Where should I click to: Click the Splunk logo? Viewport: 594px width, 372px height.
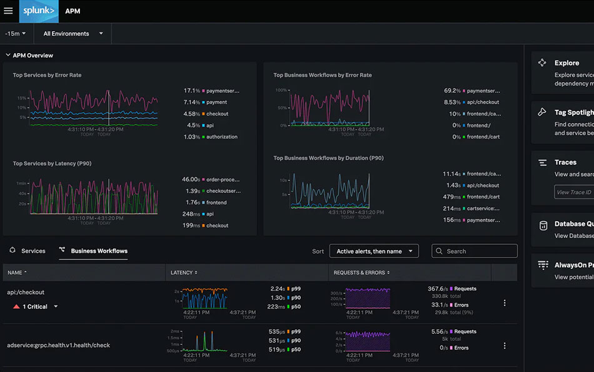(39, 11)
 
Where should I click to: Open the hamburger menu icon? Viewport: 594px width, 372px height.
(8, 11)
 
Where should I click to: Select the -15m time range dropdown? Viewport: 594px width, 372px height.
(16, 34)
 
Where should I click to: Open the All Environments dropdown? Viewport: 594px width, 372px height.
(73, 34)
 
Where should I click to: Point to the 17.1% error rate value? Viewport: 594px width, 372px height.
(191, 91)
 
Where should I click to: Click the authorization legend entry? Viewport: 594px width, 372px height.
(221, 137)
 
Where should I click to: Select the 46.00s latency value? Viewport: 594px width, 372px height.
(190, 179)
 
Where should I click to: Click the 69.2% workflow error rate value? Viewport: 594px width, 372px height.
(452, 91)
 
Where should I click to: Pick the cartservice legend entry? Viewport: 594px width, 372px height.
(483, 208)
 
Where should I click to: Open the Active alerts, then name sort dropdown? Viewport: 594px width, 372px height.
(374, 252)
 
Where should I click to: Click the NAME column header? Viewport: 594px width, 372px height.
(17, 273)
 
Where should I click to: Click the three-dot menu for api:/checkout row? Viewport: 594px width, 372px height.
(505, 303)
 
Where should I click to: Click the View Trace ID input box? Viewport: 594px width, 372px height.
(573, 192)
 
